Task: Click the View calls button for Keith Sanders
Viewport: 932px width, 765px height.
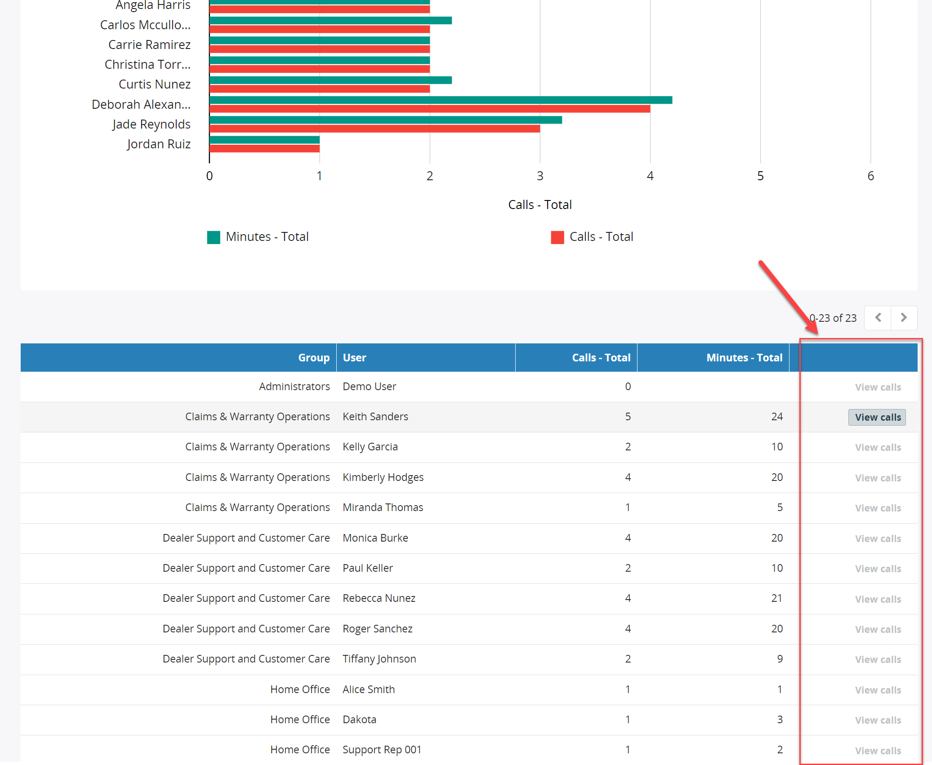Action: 877,417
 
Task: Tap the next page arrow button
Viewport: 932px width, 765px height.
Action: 904,318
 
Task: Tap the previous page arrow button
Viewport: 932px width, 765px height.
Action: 878,318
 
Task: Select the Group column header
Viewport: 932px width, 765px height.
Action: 314,358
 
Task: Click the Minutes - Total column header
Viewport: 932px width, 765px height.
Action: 744,358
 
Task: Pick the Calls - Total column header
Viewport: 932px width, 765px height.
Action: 601,358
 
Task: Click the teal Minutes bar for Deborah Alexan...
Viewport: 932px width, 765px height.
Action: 441,100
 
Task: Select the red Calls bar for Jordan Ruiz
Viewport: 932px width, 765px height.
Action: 264,148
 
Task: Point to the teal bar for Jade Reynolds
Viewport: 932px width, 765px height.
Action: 386,120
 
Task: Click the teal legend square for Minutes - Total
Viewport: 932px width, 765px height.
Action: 214,237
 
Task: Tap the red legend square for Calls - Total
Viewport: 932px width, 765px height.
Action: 557,237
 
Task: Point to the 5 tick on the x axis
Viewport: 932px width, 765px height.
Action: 760,176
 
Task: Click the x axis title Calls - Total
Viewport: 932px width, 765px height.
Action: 540,205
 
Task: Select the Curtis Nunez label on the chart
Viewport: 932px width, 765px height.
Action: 155,85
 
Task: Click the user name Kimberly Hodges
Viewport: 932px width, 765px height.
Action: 383,477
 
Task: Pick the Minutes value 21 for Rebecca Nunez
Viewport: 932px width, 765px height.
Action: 776,598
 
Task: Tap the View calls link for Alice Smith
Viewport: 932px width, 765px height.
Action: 878,690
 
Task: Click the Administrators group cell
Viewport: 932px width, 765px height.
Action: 294,387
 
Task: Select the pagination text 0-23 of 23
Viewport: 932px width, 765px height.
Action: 833,318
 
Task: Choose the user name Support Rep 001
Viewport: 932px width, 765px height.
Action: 382,750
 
